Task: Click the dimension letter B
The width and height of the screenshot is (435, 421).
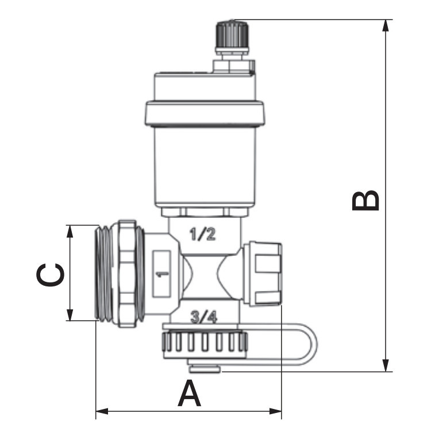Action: pyautogui.click(x=365, y=200)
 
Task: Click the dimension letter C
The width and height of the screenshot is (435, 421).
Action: pyautogui.click(x=51, y=275)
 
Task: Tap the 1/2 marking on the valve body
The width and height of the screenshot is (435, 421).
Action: pyautogui.click(x=203, y=234)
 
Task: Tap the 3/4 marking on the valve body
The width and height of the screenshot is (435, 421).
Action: pyautogui.click(x=204, y=317)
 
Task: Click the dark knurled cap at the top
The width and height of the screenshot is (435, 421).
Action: pyautogui.click(x=233, y=36)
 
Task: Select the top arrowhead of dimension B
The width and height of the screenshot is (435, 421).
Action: pyautogui.click(x=386, y=26)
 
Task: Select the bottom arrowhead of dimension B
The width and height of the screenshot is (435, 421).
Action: pyautogui.click(x=386, y=365)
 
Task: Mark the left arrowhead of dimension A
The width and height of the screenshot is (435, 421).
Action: pyautogui.click(x=102, y=411)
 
